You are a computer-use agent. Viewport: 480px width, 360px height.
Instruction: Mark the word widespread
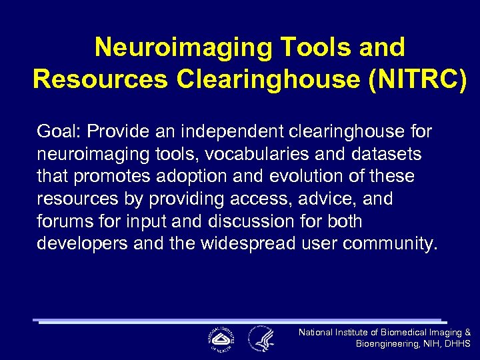[x=237, y=243]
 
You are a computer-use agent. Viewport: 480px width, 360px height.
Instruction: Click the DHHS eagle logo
[x=261, y=338]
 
